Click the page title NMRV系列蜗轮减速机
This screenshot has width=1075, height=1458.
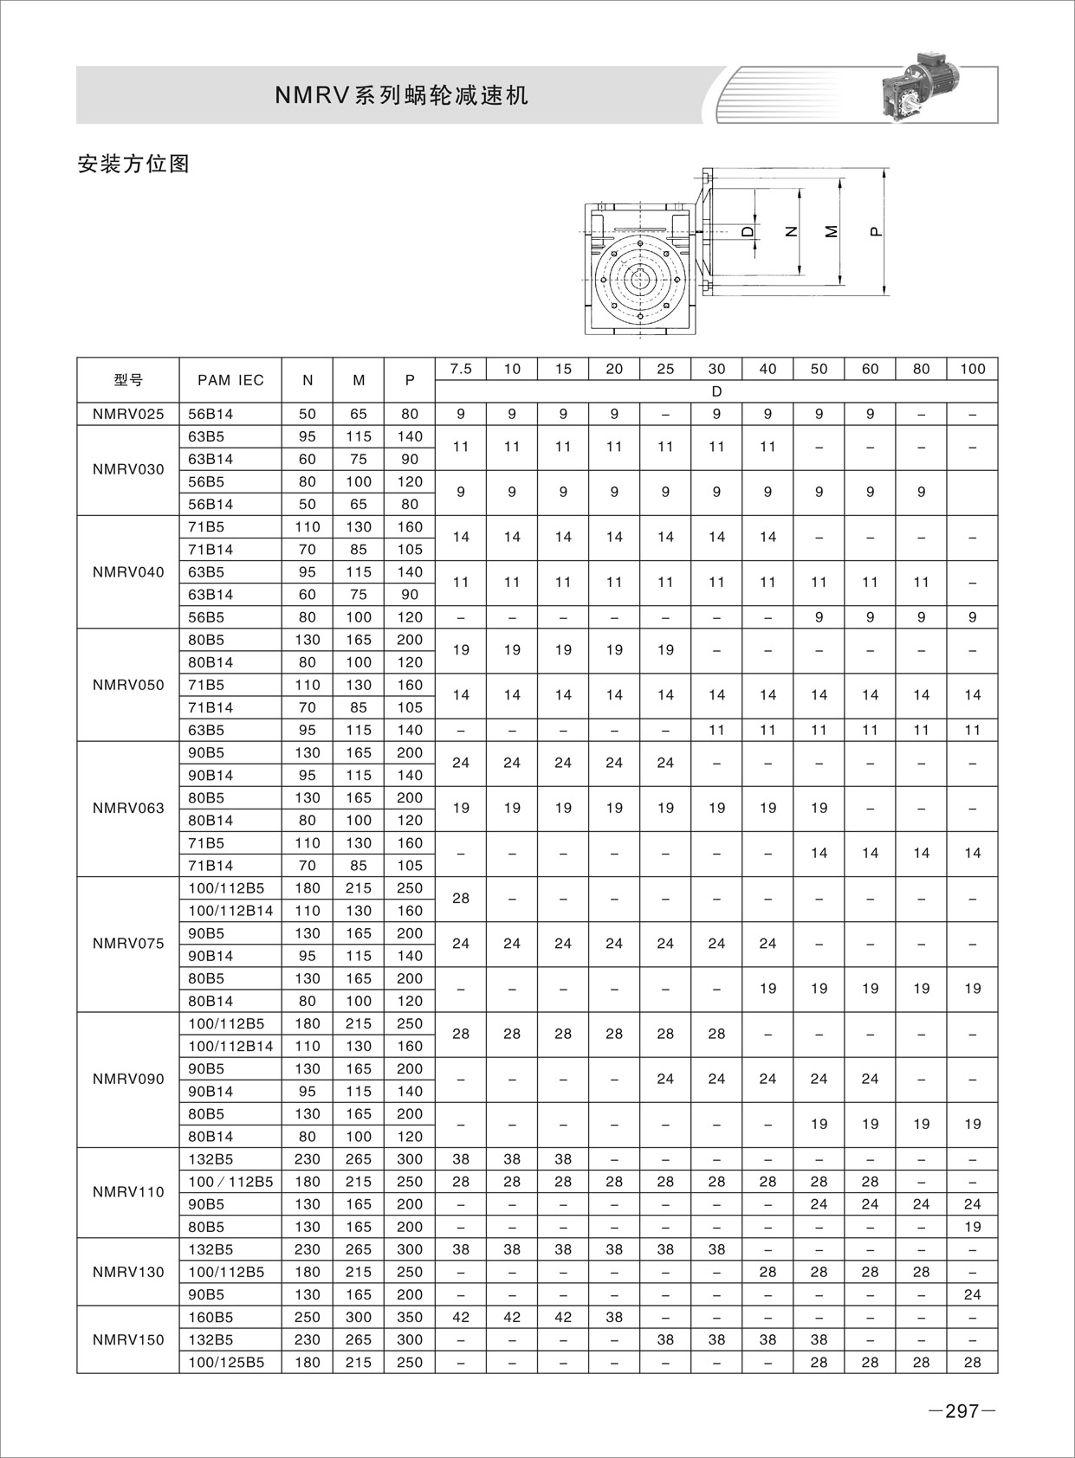pyautogui.click(x=401, y=96)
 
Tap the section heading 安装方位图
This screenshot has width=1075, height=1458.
pyautogui.click(x=133, y=164)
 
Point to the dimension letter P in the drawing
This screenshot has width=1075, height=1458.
pyautogui.click(x=875, y=231)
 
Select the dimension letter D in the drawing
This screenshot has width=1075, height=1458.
pyautogui.click(x=747, y=231)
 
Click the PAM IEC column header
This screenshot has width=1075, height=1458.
pyautogui.click(x=230, y=379)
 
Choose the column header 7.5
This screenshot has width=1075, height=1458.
pyautogui.click(x=461, y=369)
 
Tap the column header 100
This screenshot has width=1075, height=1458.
pyautogui.click(x=972, y=369)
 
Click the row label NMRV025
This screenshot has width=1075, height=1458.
pyautogui.click(x=128, y=414)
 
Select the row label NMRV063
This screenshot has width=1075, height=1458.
pyautogui.click(x=128, y=809)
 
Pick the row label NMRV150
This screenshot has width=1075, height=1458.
pyautogui.click(x=128, y=1339)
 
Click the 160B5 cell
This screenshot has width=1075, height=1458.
pyautogui.click(x=210, y=1317)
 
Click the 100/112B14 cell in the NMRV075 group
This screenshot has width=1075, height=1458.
pyautogui.click(x=230, y=911)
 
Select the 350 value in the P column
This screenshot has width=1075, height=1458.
pyautogui.click(x=410, y=1317)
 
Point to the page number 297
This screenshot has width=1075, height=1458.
pyautogui.click(x=961, y=1411)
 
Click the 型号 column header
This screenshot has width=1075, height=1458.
pyautogui.click(x=128, y=379)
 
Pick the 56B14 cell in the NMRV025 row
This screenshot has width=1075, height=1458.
pyautogui.click(x=210, y=414)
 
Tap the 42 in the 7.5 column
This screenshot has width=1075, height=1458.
pyautogui.click(x=461, y=1317)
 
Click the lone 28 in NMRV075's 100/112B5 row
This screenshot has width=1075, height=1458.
pyautogui.click(x=461, y=899)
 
